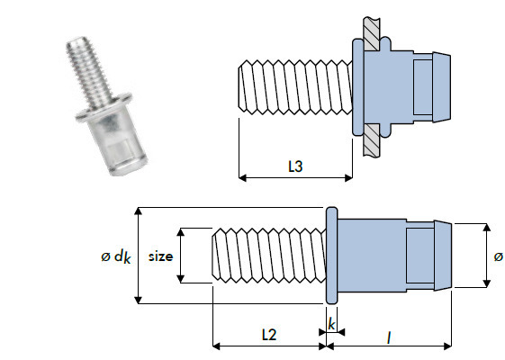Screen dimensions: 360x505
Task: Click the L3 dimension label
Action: point(294,167)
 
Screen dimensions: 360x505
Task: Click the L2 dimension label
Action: point(267,334)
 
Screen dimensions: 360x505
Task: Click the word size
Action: point(160,256)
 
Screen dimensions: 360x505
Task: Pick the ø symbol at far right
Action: point(498,256)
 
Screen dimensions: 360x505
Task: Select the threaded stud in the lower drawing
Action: point(267,256)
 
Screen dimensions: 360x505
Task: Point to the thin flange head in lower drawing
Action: point(330,256)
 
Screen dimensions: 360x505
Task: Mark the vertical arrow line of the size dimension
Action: point(178,256)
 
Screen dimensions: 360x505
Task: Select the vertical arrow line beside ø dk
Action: point(138,256)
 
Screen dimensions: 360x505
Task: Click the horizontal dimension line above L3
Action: point(294,177)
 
